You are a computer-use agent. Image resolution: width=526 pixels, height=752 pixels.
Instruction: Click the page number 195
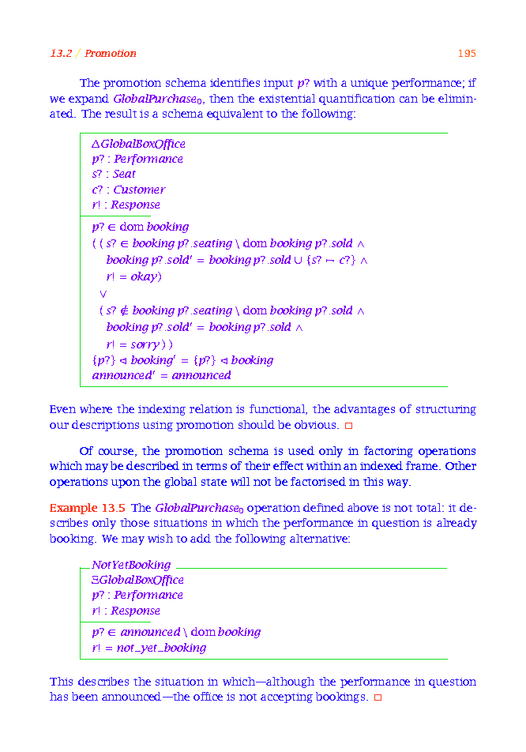(466, 54)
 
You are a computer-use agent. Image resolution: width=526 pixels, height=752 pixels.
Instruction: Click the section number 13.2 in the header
(61, 54)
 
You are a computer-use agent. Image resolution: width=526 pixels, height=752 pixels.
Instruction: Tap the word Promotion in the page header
(111, 54)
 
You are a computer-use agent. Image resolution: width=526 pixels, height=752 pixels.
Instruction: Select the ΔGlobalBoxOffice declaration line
(138, 144)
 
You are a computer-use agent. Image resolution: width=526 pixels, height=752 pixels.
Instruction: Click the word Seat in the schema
(124, 174)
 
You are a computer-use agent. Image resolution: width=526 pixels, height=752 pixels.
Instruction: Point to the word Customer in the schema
(139, 190)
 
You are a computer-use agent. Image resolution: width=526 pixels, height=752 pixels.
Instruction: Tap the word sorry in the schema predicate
(144, 344)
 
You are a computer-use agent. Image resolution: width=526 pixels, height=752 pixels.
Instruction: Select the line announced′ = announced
(161, 375)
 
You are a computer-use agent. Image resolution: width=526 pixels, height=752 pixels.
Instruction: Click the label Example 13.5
(87, 507)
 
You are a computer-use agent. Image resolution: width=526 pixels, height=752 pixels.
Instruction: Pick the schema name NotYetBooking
(130, 565)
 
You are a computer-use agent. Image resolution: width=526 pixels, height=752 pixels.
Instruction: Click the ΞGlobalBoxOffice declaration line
(137, 580)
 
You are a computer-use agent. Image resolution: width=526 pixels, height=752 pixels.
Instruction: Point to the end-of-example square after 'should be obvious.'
(348, 426)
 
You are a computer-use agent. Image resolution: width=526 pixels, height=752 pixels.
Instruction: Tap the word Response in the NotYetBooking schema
(135, 611)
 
